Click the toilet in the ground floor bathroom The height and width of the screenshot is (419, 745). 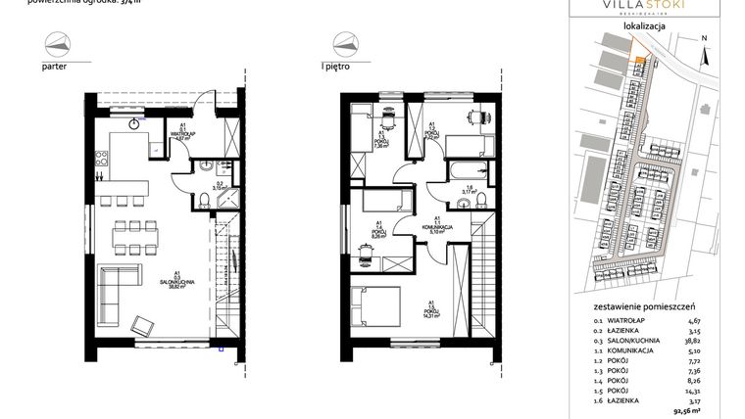pos(201,201)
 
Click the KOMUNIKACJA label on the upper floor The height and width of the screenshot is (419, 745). pos(434,226)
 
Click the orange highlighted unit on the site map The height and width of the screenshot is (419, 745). pos(640,62)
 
